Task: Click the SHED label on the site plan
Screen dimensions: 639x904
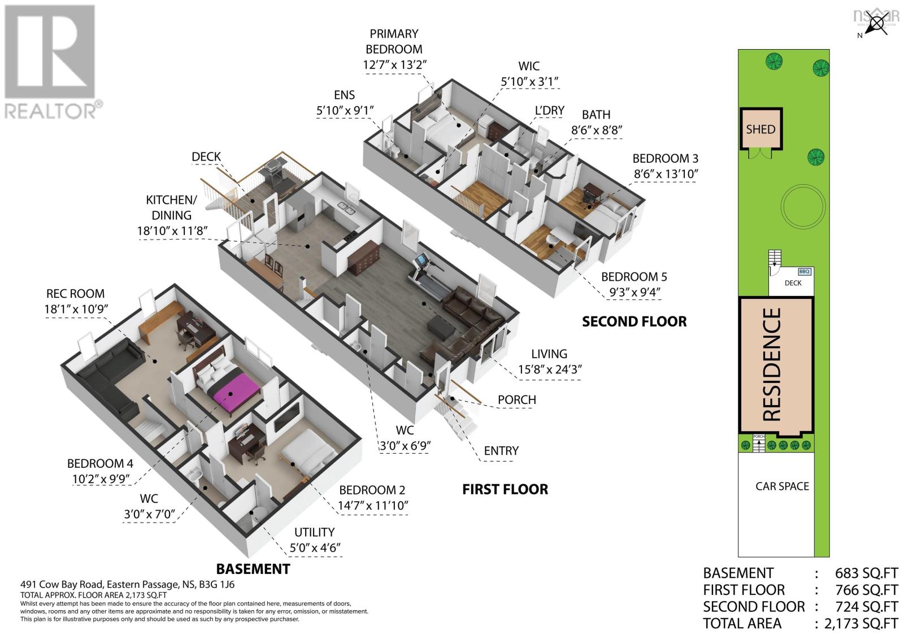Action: coord(760,129)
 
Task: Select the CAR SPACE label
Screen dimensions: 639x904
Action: coord(782,486)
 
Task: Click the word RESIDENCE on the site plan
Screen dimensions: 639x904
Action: coord(772,364)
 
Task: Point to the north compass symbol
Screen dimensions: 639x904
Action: coord(876,24)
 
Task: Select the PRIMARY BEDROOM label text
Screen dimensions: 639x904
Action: coord(394,42)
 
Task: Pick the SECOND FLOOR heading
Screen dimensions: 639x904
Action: coord(634,321)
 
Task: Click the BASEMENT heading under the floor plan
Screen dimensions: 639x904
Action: coord(253,568)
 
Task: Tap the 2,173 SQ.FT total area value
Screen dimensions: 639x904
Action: coord(860,624)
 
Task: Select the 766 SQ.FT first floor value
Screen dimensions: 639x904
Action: coord(866,590)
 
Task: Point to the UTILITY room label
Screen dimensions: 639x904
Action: coord(314,532)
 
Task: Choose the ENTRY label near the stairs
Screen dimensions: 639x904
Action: coord(501,450)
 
